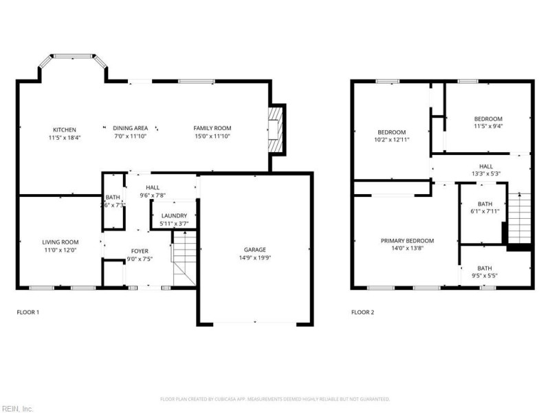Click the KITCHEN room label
pos(65,129)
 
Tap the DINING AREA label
pos(131,128)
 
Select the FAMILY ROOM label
pos(212,128)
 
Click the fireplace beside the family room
pos(276,129)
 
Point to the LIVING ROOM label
pos(60,242)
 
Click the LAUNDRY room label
pos(174,215)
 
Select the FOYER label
pos(140,251)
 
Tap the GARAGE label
pos(254,250)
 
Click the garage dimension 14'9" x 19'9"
pos(254,258)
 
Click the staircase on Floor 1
pos(184,260)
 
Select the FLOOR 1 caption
pos(28,312)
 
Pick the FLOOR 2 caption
pos(363,312)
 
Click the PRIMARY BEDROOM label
pos(408,240)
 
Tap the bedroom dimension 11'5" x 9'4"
pos(488,126)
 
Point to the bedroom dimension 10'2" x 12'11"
pos(392,140)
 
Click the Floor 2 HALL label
pos(485,166)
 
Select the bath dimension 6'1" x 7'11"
pos(485,212)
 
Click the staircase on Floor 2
pos(520,219)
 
